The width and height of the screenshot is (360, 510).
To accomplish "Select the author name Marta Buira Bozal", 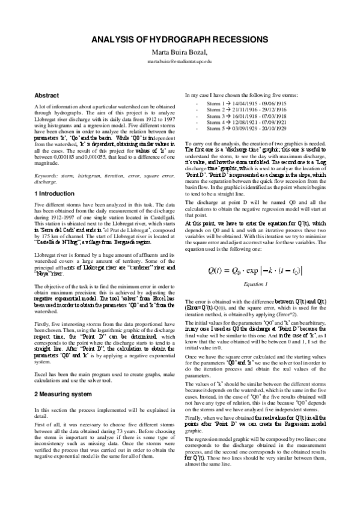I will click(x=180, y=52).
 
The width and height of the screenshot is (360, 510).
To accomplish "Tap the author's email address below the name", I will click(x=180, y=61).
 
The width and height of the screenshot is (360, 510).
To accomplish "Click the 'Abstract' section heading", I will click(x=46, y=95).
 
